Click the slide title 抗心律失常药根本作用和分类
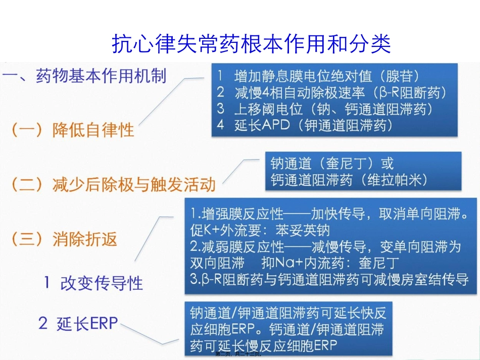251,44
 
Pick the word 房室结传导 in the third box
439,279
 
